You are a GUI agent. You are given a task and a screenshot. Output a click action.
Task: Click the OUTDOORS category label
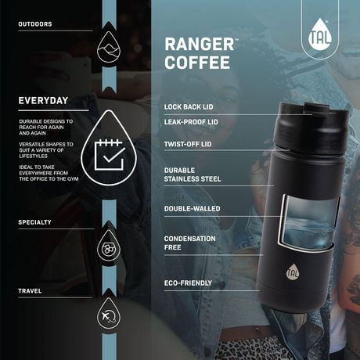click(35, 24)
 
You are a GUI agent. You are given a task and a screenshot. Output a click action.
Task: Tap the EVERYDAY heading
click(43, 100)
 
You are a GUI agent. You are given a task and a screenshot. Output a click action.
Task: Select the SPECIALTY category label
click(35, 222)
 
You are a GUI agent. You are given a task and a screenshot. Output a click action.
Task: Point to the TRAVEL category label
click(31, 291)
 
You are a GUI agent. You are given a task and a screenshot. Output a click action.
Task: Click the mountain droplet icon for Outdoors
click(107, 49)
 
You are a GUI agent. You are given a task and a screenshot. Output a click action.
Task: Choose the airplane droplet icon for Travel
click(107, 315)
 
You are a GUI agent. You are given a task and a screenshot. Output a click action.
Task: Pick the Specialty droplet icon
click(107, 247)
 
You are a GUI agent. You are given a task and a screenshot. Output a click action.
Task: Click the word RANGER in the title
click(197, 44)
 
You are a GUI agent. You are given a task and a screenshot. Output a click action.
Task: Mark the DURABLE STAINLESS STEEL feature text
click(193, 174)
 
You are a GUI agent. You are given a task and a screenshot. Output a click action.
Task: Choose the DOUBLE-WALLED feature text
click(192, 209)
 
